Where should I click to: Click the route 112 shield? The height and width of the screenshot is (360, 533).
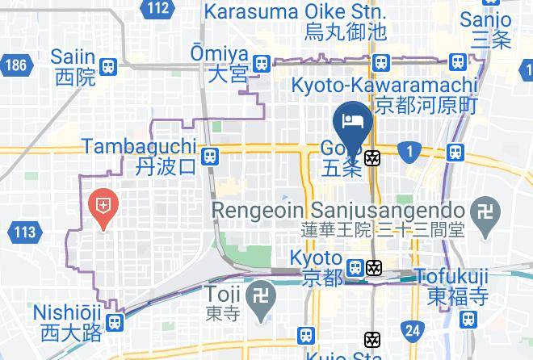click(159, 9)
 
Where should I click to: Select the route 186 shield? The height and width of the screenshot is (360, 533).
click(14, 64)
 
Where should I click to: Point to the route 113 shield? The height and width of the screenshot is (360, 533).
click(24, 232)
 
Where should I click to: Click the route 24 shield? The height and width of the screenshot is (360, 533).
click(413, 329)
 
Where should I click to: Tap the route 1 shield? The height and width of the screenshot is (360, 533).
click(410, 150)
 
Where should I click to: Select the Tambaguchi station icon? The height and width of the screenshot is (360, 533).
click(210, 156)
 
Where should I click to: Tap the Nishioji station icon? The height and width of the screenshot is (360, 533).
click(115, 322)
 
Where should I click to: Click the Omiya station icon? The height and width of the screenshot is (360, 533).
click(261, 63)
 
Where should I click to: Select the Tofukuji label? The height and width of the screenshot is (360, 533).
click(451, 277)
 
